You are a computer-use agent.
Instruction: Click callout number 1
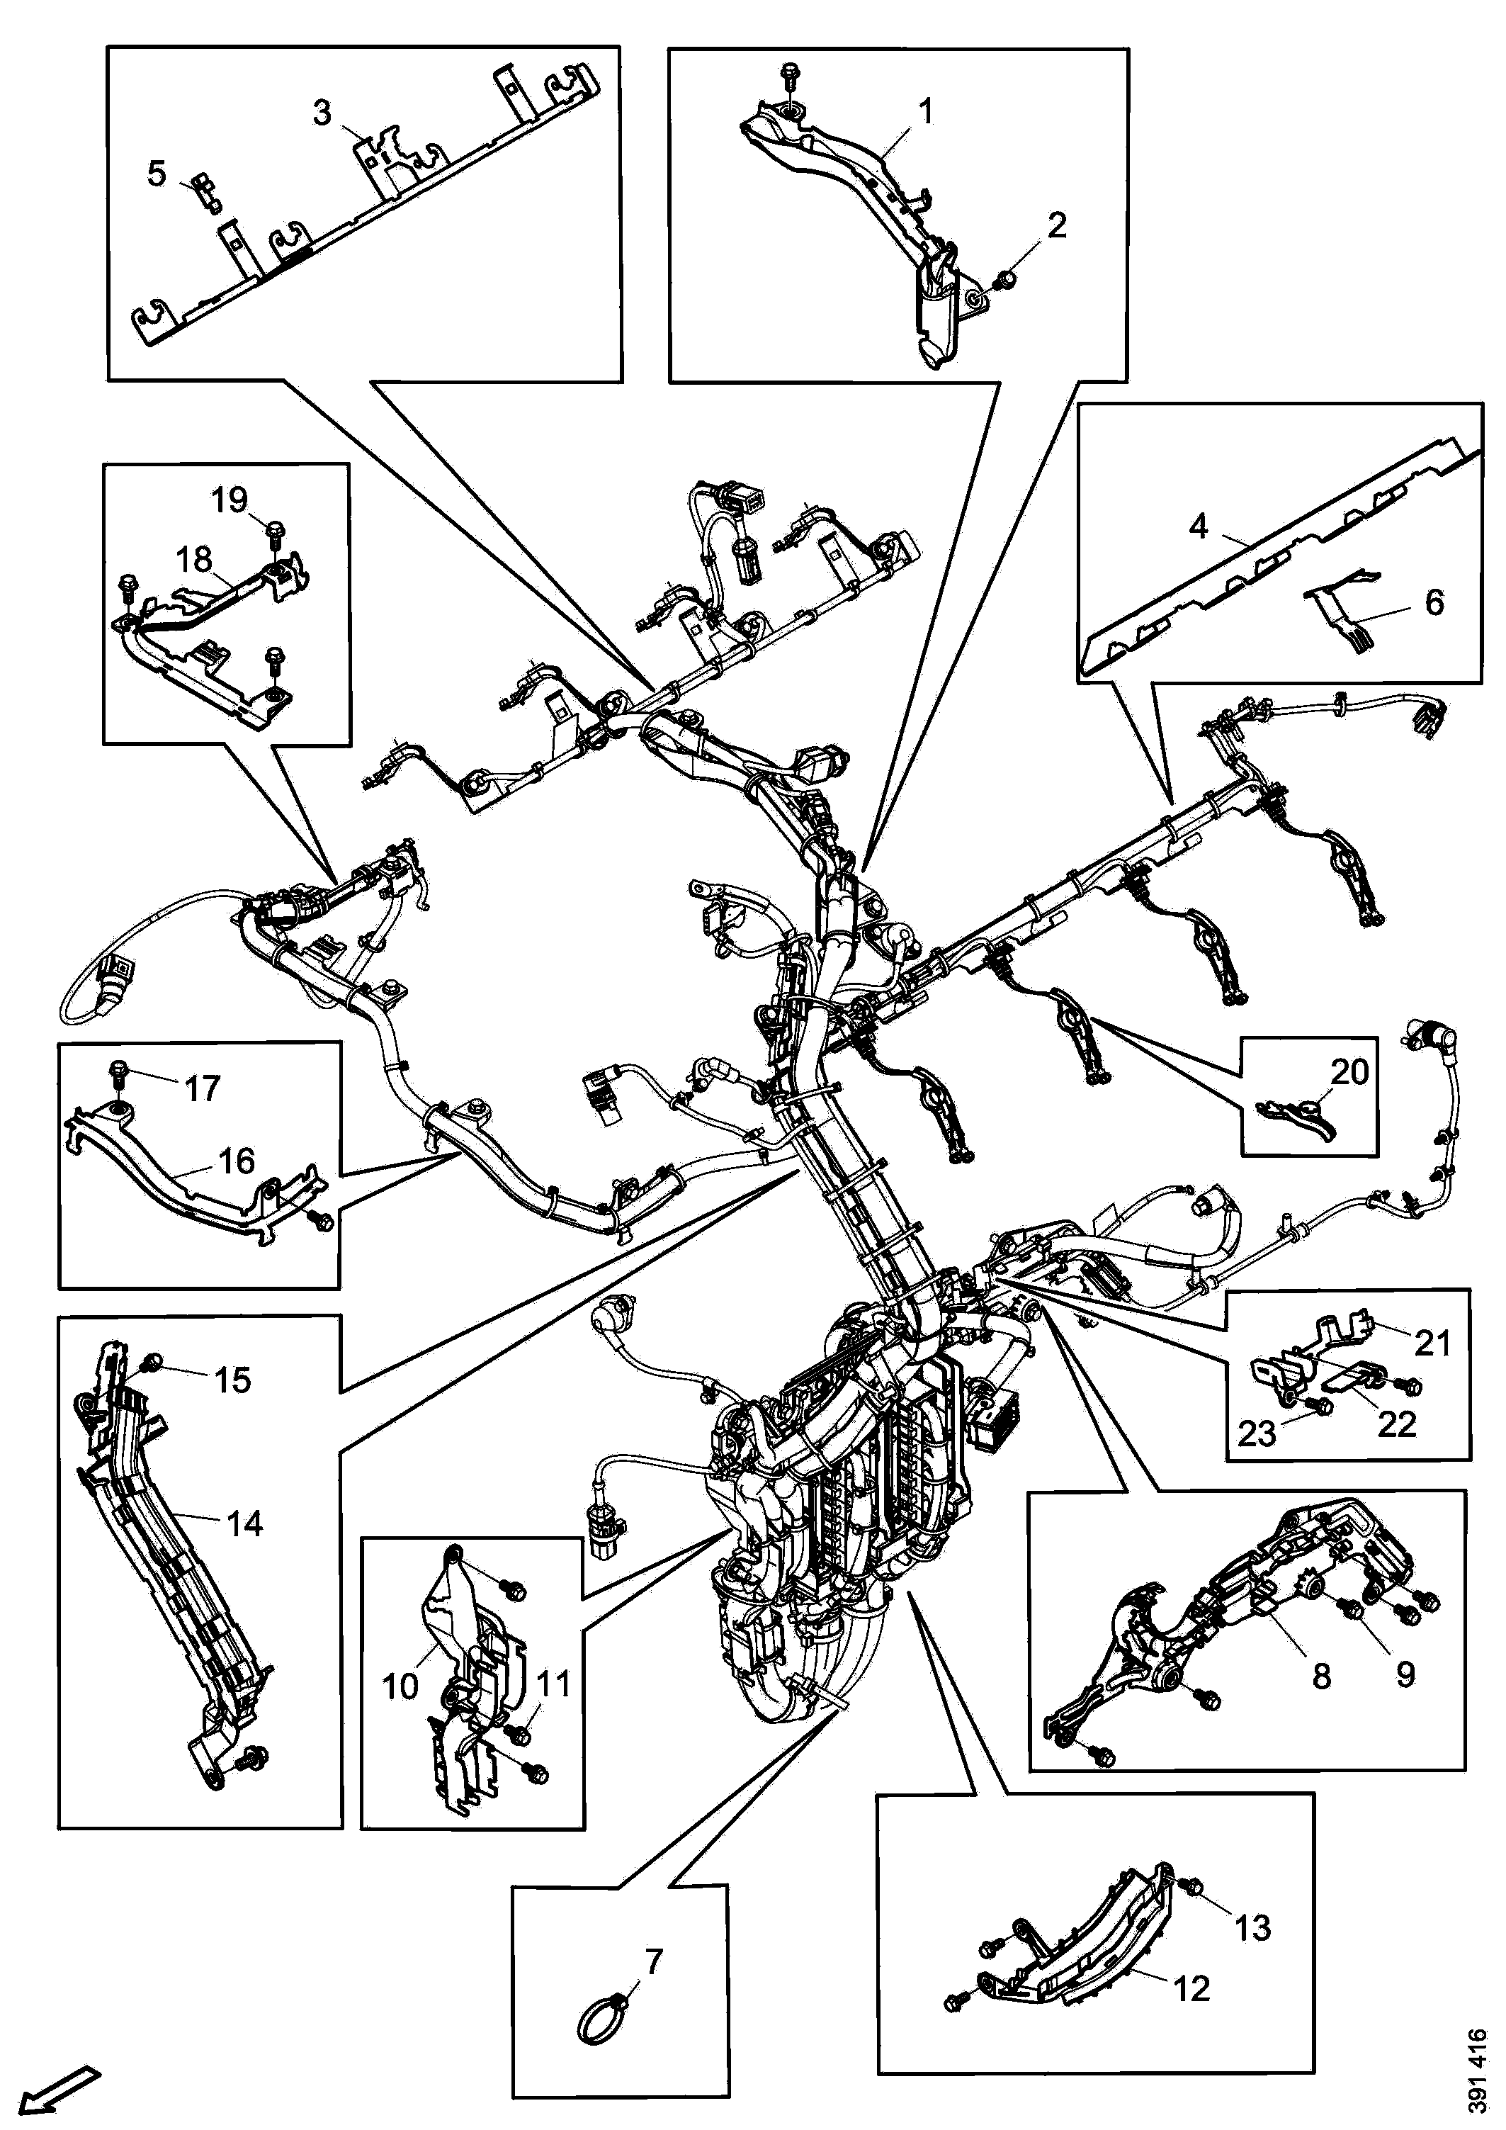click(925, 112)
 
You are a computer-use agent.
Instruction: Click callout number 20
click(1349, 1072)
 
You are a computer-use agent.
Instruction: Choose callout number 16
click(236, 1161)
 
